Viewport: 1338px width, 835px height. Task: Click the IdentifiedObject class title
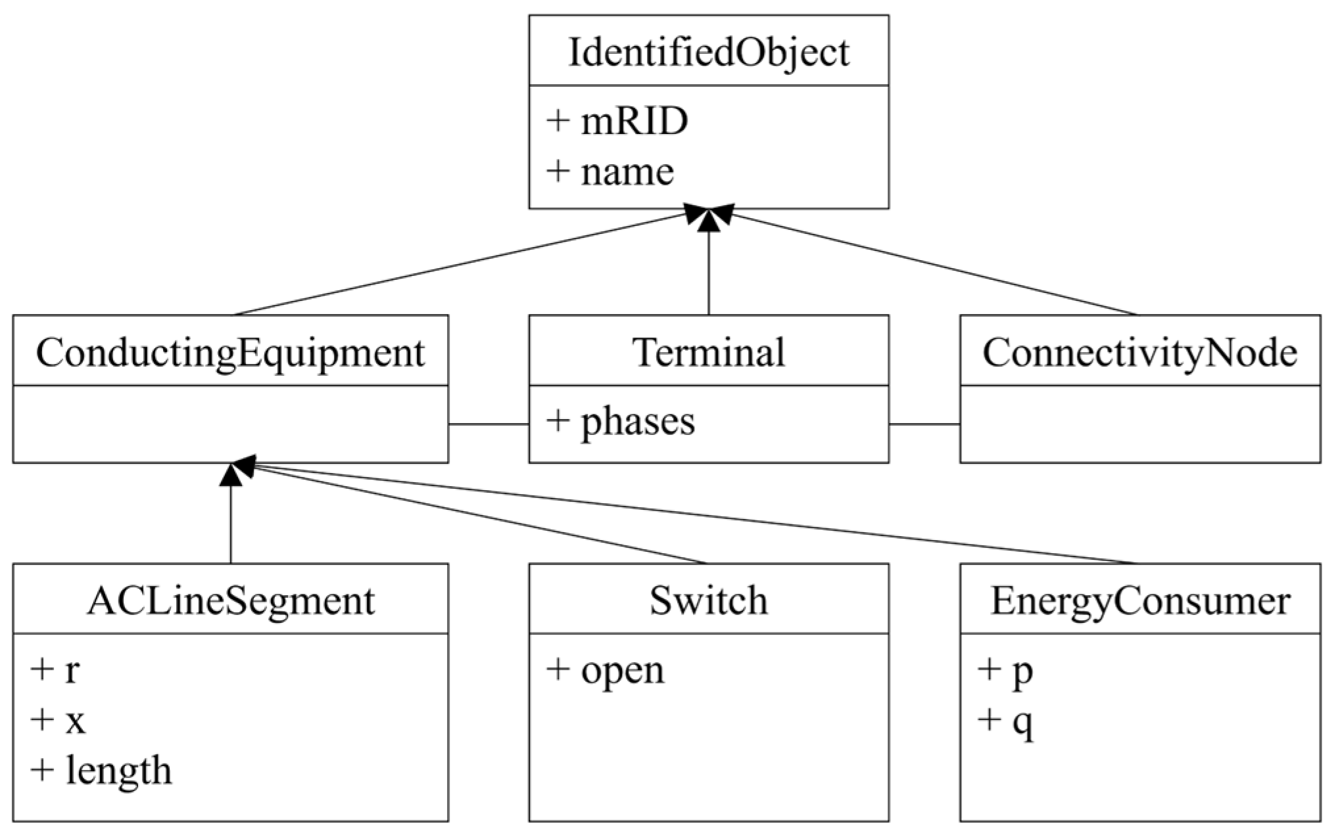[708, 52]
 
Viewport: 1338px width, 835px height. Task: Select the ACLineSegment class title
[230, 600]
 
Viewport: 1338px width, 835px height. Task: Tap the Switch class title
[708, 600]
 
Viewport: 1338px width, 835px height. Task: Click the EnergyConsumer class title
[1139, 600]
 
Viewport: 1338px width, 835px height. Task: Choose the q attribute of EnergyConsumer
[1007, 722]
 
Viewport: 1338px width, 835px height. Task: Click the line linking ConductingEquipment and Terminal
[489, 424]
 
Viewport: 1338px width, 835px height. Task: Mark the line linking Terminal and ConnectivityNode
[924, 424]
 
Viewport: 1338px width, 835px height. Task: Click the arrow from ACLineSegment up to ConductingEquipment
[231, 519]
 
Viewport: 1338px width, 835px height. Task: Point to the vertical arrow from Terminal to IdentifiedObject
[708, 269]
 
